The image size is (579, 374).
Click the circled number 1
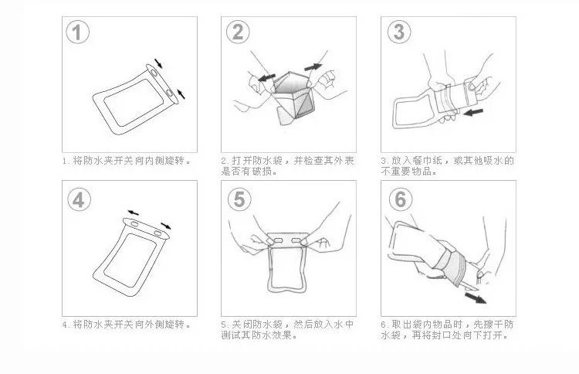[77, 32]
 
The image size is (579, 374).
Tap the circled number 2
[238, 32]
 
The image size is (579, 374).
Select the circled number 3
[399, 32]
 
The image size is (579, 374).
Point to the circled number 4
[79, 200]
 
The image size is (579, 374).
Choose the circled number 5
[239, 199]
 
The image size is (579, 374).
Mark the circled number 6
[401, 199]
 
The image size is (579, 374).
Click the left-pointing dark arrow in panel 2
[266, 77]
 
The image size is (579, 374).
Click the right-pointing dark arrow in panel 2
[313, 67]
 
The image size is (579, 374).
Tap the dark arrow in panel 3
[473, 111]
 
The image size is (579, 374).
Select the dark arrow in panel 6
[476, 297]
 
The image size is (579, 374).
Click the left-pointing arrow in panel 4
[133, 212]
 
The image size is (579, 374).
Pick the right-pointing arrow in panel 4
[166, 226]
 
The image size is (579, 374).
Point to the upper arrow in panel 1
[158, 63]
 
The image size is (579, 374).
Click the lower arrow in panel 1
[181, 93]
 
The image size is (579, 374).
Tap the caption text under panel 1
[127, 161]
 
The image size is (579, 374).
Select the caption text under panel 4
[127, 325]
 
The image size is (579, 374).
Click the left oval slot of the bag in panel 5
[278, 241]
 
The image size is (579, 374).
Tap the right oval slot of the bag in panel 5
[296, 241]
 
